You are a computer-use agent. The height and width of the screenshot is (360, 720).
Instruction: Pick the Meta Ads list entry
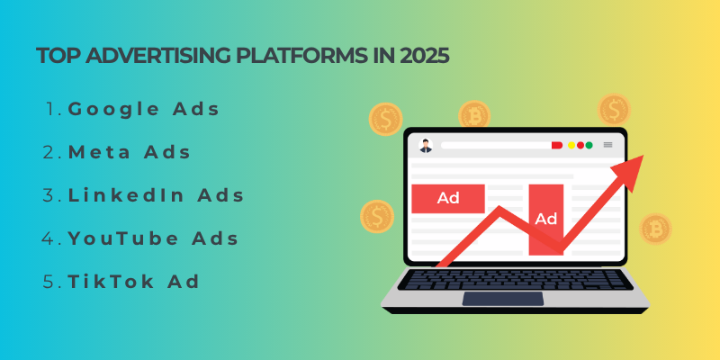(130, 153)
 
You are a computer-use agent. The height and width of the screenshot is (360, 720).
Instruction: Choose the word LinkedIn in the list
(122, 195)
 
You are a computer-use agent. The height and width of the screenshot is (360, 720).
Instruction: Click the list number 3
(50, 195)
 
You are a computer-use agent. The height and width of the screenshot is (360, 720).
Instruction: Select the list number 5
(50, 282)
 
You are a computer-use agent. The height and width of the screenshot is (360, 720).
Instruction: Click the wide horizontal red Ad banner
(448, 198)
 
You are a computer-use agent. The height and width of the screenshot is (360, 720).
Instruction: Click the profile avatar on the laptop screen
(426, 145)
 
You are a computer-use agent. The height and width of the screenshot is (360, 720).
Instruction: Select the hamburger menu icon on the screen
(607, 145)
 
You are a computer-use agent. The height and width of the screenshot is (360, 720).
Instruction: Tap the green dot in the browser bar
(580, 145)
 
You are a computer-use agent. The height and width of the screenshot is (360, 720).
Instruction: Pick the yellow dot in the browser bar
(570, 145)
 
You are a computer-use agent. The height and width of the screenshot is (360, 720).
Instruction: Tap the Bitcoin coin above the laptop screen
(474, 115)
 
